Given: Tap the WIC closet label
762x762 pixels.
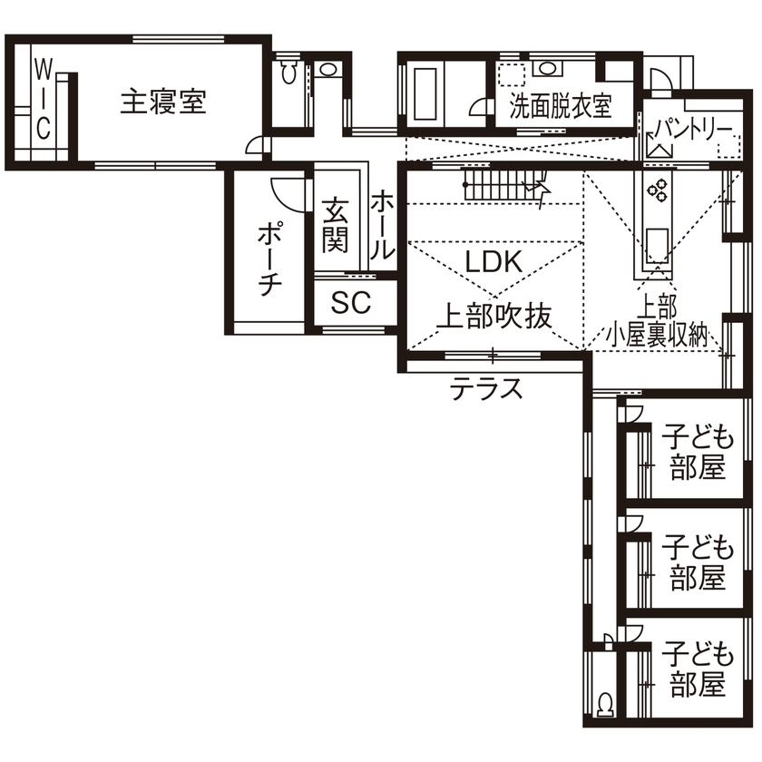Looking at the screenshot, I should point(43,97).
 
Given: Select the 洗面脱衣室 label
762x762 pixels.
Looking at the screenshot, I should point(559,107).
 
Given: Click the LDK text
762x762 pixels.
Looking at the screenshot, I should point(492,262).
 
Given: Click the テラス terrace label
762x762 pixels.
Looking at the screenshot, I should point(487,389).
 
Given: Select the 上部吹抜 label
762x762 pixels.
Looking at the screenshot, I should point(494,316).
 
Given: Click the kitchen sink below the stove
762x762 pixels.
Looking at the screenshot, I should point(657,244).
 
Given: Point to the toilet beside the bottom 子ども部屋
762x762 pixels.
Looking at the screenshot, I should point(604,702).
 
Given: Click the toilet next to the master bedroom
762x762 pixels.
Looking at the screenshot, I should point(289,73).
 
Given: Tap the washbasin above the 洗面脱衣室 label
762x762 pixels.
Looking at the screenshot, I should point(547,68).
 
